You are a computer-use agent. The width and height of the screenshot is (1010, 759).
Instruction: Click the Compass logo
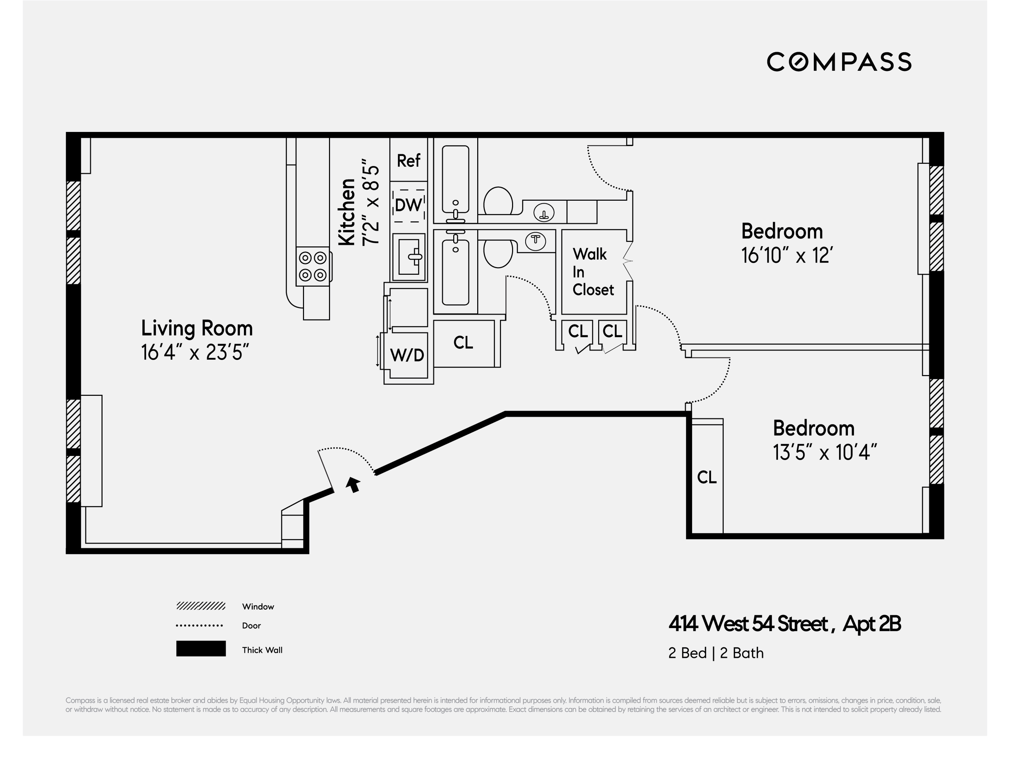[x=839, y=62]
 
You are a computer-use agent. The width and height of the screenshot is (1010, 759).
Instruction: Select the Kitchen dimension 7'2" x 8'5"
[x=371, y=202]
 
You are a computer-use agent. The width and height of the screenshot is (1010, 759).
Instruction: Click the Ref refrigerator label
[x=408, y=161]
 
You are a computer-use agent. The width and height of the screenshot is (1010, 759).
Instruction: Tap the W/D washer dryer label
[x=407, y=355]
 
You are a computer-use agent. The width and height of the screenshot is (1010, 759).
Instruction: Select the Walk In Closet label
[x=593, y=272]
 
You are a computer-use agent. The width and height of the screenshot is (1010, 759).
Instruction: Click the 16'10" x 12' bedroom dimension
[x=787, y=255]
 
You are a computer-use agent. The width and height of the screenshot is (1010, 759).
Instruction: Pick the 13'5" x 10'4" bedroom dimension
[x=825, y=452]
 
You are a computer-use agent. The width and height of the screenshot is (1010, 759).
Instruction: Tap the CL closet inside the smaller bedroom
[x=707, y=477]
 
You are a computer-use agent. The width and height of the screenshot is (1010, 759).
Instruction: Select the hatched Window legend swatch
[x=201, y=606]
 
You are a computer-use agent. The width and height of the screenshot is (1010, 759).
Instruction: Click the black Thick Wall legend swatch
[x=201, y=649]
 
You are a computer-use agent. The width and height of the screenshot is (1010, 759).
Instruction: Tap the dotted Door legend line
[x=200, y=625]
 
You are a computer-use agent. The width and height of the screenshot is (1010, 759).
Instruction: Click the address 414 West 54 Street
[x=748, y=624]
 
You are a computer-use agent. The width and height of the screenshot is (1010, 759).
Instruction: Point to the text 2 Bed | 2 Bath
[x=716, y=653]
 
